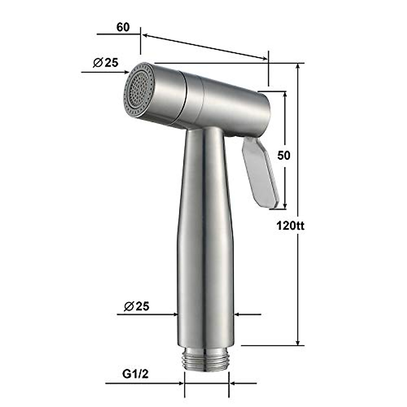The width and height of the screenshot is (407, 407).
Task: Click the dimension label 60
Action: click(x=123, y=27)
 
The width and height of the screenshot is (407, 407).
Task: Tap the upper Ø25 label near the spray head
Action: click(x=105, y=62)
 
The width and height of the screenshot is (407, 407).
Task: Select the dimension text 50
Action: click(x=284, y=155)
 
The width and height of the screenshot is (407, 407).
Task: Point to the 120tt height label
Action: click(x=290, y=226)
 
